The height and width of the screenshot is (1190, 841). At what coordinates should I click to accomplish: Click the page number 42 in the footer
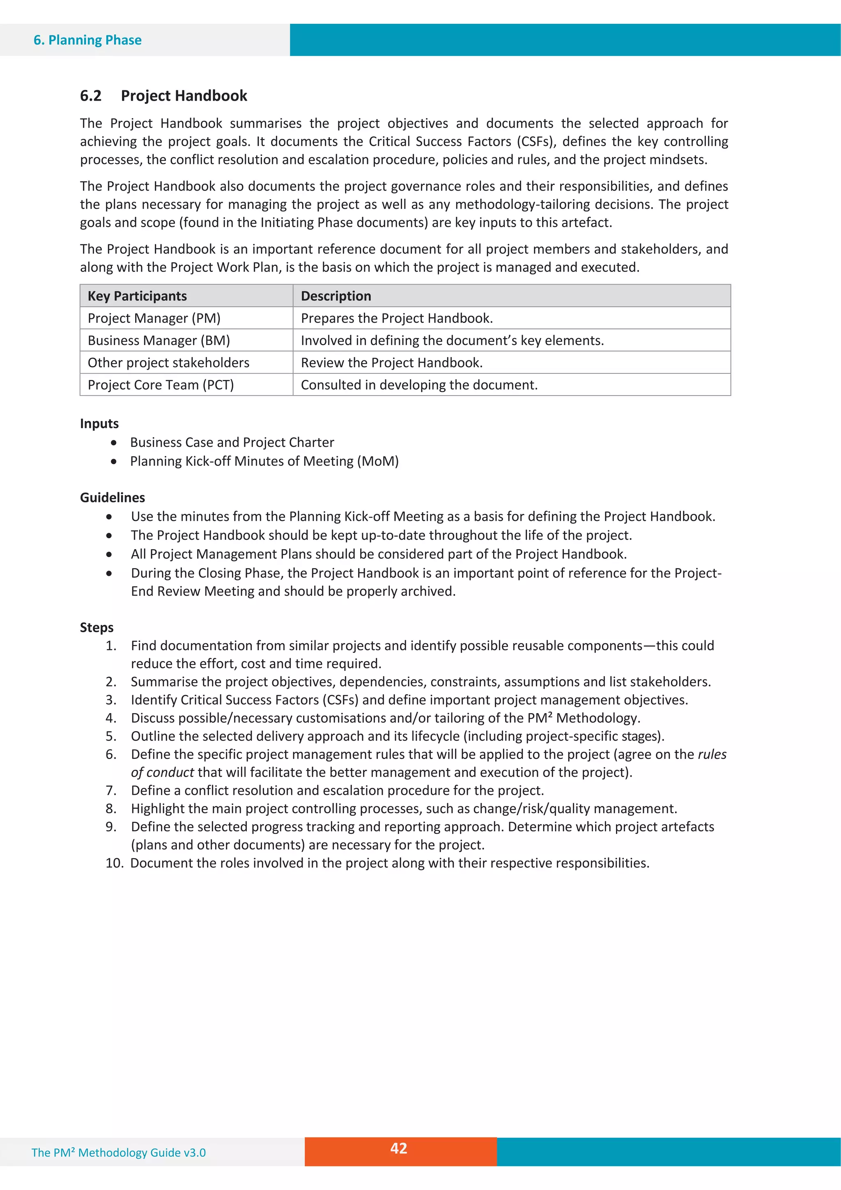398,1148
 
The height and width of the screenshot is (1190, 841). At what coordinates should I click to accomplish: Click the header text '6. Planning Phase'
87,40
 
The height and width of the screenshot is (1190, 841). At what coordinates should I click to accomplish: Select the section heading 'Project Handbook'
184,95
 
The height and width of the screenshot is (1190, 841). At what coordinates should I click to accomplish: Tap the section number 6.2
91,95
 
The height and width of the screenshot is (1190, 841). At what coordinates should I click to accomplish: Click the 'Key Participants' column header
137,296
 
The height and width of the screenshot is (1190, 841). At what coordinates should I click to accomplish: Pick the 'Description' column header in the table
336,296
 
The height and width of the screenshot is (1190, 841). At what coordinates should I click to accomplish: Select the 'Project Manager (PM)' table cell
154,318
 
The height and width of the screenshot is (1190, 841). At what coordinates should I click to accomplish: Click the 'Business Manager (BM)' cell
159,341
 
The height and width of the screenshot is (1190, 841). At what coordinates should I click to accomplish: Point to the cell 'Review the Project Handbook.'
392,363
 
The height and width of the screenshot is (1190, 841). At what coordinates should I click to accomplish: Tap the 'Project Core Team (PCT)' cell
161,385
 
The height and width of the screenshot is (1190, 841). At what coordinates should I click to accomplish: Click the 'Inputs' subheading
99,424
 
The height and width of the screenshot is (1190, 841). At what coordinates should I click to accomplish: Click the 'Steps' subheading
97,627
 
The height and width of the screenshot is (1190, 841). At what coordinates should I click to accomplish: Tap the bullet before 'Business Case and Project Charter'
114,443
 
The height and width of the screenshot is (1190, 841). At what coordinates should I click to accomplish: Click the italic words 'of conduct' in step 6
162,772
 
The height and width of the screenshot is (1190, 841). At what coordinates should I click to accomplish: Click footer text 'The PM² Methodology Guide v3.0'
119,1153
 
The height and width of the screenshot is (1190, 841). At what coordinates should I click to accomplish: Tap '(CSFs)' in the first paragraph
536,141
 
